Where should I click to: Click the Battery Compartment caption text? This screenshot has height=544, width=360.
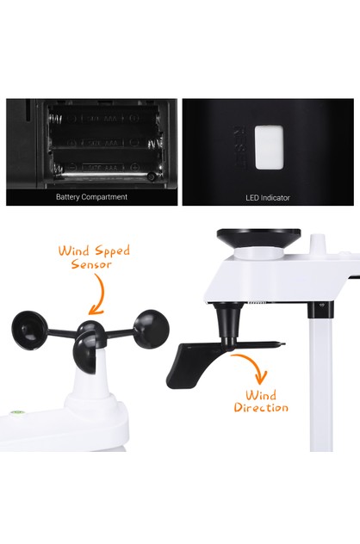[91, 197]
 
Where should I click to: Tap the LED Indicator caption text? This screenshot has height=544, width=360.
[268, 198]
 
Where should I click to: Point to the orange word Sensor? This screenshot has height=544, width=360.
[93, 265]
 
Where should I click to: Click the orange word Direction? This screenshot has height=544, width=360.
[261, 407]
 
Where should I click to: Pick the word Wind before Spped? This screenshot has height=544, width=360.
[73, 251]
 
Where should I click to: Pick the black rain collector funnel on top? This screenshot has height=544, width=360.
[258, 237]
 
